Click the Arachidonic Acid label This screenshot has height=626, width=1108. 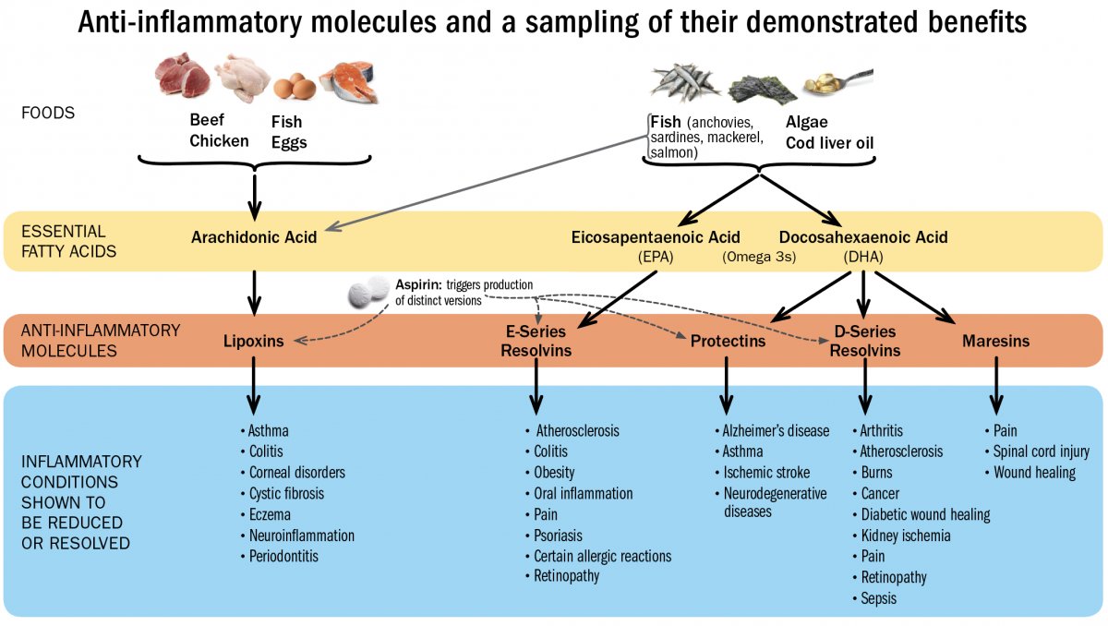[254, 237]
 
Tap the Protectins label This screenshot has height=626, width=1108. [728, 342]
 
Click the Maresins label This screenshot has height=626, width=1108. [995, 342]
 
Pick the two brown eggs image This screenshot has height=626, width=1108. [295, 87]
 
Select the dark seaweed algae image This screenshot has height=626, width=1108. [762, 88]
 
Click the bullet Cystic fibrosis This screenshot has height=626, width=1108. [286, 493]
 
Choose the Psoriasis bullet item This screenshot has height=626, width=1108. [558, 536]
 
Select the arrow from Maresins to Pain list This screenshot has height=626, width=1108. [995, 389]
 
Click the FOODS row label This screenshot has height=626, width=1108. [48, 114]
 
